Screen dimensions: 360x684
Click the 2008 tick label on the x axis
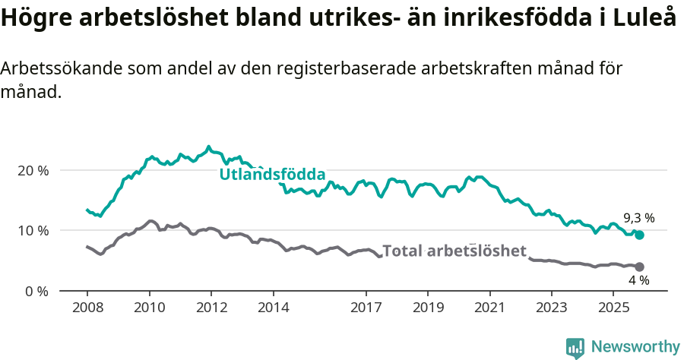coord(87,308)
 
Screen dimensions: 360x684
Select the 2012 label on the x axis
coord(211,308)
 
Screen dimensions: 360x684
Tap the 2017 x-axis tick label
coord(366,308)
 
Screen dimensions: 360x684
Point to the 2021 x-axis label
coord(489,308)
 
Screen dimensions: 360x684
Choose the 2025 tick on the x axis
coord(613,308)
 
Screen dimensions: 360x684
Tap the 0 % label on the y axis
coord(36,291)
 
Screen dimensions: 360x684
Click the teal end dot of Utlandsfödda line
coord(639,235)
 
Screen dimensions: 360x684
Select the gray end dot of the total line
coord(639,267)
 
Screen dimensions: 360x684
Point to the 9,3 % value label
coord(638,218)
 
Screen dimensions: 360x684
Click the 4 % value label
coord(638,280)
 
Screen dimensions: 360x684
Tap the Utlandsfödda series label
coord(272,175)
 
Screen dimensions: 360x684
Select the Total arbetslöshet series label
coord(454,251)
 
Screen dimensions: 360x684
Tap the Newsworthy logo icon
coord(575,348)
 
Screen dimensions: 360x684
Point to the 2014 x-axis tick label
coord(273,308)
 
